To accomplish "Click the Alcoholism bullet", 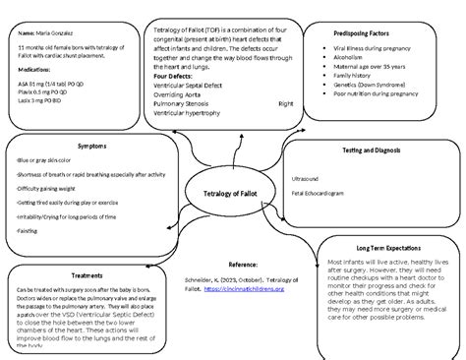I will point(352,59).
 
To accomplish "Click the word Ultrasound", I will point(307,180).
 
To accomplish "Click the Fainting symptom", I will point(21,229).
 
